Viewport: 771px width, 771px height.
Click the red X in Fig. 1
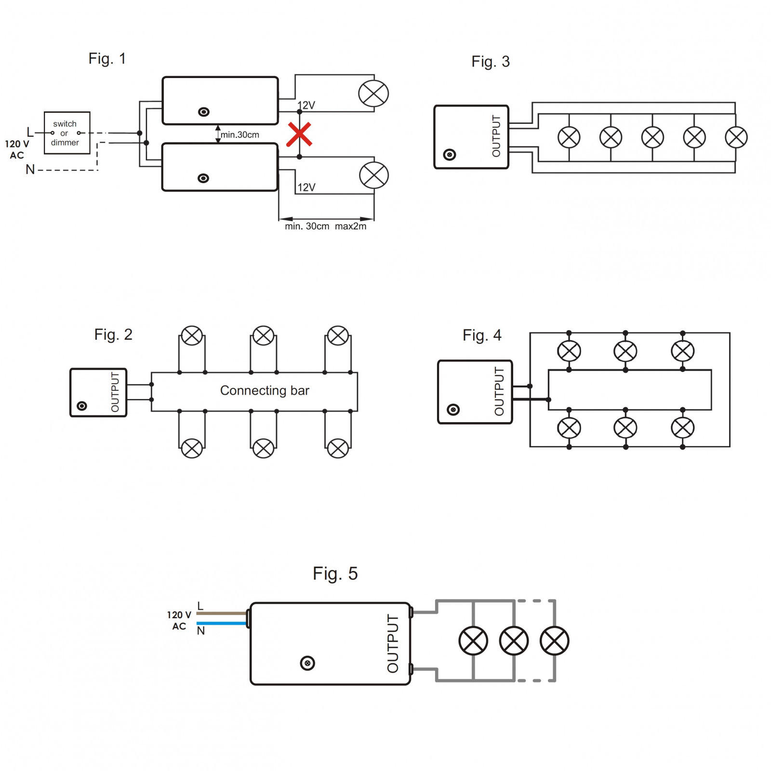(x=299, y=134)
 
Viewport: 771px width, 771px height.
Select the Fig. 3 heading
(x=491, y=62)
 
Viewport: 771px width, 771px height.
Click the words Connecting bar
(x=265, y=390)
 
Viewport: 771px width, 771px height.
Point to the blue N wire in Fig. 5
(x=222, y=623)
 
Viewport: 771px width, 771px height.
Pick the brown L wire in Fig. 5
(x=222, y=613)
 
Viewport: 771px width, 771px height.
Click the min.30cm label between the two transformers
(x=240, y=135)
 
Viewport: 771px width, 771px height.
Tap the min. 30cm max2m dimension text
(x=326, y=226)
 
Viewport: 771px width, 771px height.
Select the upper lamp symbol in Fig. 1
(x=373, y=93)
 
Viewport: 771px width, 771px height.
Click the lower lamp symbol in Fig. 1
(x=374, y=175)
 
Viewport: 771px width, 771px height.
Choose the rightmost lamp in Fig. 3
(x=736, y=137)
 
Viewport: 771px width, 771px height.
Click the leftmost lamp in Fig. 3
(x=569, y=137)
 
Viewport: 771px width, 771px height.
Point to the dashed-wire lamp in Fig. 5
(x=555, y=641)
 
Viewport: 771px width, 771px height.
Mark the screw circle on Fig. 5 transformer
(x=307, y=663)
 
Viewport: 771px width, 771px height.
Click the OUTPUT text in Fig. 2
(x=115, y=392)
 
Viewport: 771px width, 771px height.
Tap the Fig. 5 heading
(x=335, y=573)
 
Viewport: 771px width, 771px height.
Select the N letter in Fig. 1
(x=30, y=170)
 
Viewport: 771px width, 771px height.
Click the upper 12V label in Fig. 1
(x=306, y=105)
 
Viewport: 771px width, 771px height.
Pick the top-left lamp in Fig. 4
(x=569, y=351)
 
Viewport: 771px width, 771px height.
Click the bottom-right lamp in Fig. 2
(x=338, y=448)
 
